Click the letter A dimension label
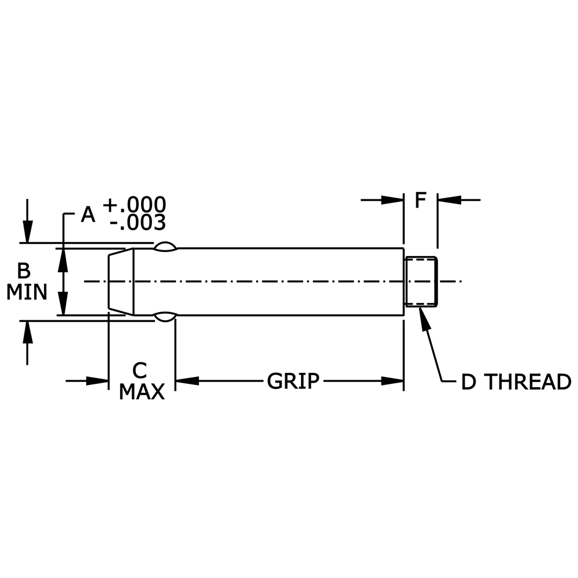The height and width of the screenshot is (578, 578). pyautogui.click(x=88, y=214)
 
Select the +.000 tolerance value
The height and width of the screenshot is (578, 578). pyautogui.click(x=134, y=205)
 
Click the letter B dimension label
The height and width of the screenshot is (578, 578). pyautogui.click(x=24, y=271)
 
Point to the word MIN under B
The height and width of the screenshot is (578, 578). pyautogui.click(x=27, y=292)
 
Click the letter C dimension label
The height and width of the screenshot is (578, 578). pyautogui.click(x=139, y=370)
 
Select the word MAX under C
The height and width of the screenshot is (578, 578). pyautogui.click(x=142, y=392)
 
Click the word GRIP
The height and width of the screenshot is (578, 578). pyautogui.click(x=292, y=381)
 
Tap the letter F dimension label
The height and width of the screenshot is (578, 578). pyautogui.click(x=420, y=201)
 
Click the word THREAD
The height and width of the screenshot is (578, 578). pyautogui.click(x=527, y=383)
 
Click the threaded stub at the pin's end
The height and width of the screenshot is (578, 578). pyautogui.click(x=421, y=281)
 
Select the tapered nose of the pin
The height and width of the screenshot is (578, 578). pyautogui.click(x=121, y=281)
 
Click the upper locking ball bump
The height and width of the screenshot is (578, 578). pyautogui.click(x=165, y=247)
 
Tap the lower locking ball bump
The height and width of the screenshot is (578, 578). pyautogui.click(x=165, y=316)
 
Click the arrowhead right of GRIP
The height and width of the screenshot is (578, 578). pyautogui.click(x=392, y=381)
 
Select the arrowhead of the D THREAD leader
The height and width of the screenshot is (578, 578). pyautogui.click(x=426, y=318)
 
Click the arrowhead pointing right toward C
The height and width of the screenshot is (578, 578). pyautogui.click(x=98, y=381)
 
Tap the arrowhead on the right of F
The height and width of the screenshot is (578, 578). pyautogui.click(x=449, y=200)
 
